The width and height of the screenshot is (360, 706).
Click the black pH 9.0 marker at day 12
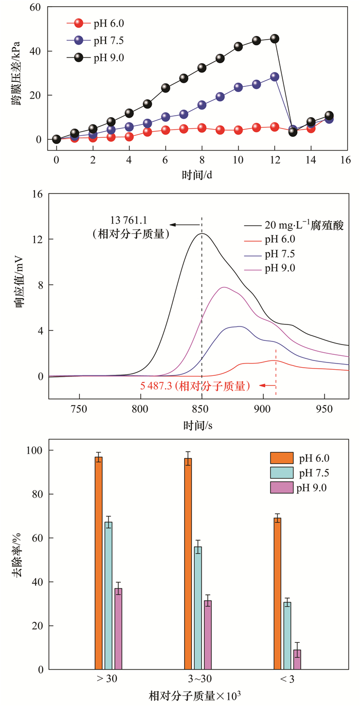coord(275,39)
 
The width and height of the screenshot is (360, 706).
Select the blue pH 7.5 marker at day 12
coord(275,77)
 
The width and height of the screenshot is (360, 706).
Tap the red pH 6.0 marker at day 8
coord(202,128)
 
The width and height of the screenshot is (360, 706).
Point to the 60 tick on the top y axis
coord(35,7)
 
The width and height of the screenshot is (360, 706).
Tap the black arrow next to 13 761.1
coord(185,225)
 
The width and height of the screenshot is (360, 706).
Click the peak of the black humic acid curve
coord(202,234)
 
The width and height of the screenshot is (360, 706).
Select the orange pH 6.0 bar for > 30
coord(99,563)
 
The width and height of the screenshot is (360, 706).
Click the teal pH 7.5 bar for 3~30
coord(198,608)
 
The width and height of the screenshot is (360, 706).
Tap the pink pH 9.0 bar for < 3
coord(297,659)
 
